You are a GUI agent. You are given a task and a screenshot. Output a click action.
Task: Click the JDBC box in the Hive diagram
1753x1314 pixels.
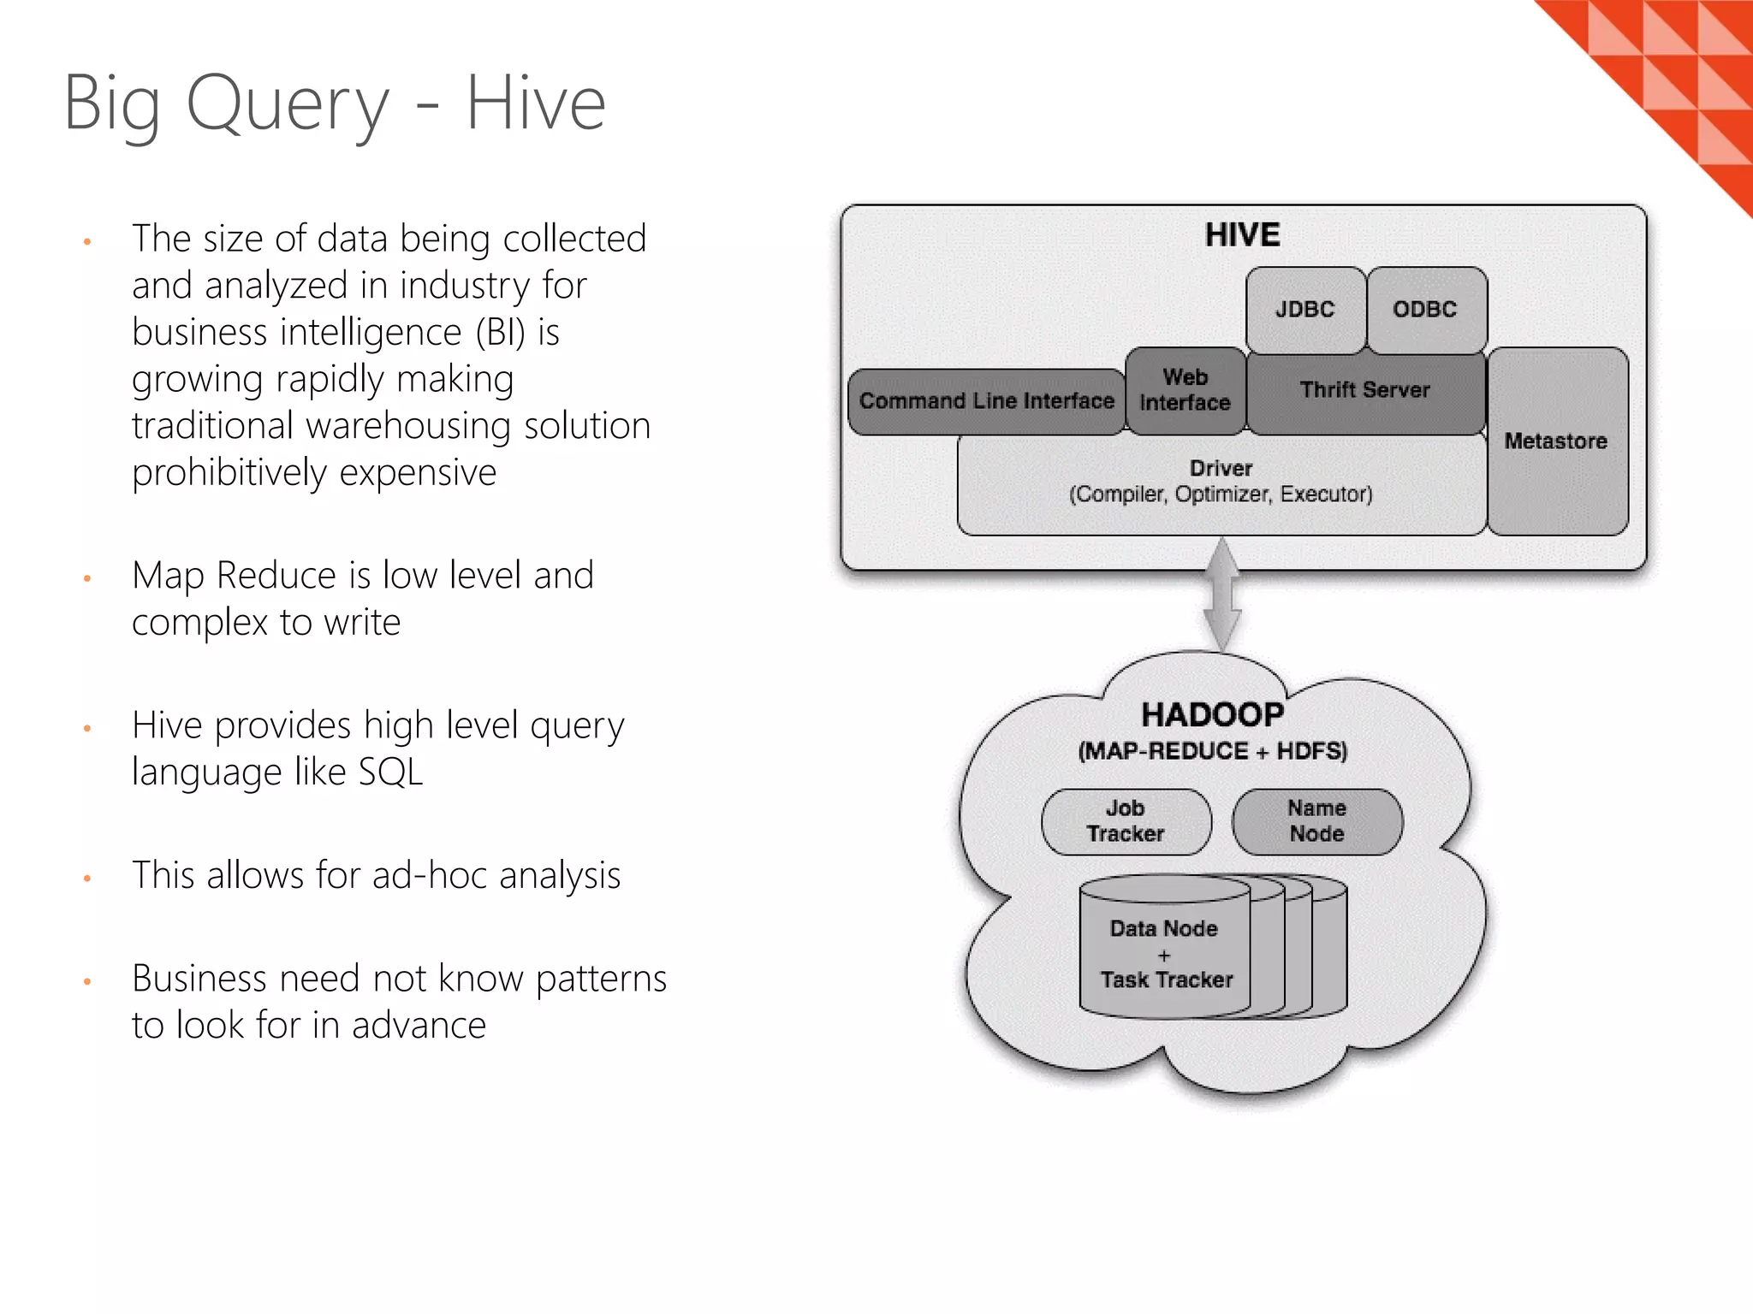[x=1304, y=310]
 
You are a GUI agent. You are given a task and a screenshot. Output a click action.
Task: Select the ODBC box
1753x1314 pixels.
[x=1425, y=310]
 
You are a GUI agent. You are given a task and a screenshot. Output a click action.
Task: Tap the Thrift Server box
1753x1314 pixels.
[x=1365, y=391]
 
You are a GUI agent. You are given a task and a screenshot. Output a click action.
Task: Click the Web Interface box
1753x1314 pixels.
[x=1186, y=391]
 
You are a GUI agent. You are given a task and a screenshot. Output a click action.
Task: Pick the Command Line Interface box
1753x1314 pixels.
[x=986, y=401]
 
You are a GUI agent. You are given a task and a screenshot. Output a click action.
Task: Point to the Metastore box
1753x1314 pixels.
[x=1556, y=441]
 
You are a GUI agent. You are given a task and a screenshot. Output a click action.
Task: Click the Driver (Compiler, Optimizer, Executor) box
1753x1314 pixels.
[x=1221, y=482]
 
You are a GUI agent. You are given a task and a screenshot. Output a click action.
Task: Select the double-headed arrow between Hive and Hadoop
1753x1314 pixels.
[x=1222, y=595]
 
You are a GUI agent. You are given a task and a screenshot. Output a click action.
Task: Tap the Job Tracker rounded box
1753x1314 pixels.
[x=1126, y=821]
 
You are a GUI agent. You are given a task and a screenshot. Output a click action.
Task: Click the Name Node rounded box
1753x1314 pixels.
[x=1316, y=821]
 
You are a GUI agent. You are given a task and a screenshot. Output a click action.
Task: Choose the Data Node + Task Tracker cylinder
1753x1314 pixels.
[x=1166, y=954]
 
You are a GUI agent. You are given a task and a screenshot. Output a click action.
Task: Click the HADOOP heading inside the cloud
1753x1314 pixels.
[x=1212, y=715]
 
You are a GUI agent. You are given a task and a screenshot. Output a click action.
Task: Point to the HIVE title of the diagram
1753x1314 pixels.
[x=1242, y=235]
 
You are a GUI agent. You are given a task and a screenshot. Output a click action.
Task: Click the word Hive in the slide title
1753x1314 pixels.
[x=536, y=104]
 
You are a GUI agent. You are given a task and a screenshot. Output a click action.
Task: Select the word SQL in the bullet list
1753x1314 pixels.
[x=390, y=772]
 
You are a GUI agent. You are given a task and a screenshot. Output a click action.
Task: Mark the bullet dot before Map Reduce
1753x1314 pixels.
[x=87, y=579]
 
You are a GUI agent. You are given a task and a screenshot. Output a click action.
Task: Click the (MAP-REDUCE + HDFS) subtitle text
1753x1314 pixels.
[x=1212, y=752]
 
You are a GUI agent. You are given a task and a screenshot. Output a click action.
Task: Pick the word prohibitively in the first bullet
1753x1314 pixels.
[x=248, y=473]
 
